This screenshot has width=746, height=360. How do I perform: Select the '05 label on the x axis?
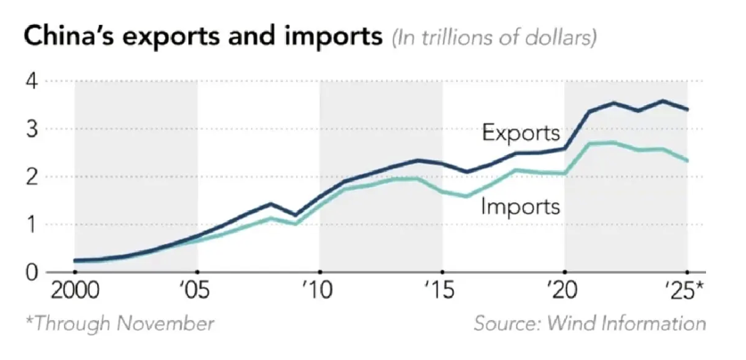pyautogui.click(x=196, y=292)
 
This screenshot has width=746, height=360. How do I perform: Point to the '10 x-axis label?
pyautogui.click(x=318, y=292)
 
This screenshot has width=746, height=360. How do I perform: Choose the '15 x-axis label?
pyautogui.click(x=441, y=292)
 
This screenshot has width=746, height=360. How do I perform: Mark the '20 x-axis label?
pyautogui.click(x=563, y=292)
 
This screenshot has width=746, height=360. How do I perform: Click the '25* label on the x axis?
pyautogui.click(x=687, y=292)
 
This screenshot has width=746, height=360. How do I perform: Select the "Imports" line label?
pyautogui.click(x=521, y=207)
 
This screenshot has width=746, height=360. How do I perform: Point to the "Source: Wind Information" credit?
pyautogui.click(x=589, y=323)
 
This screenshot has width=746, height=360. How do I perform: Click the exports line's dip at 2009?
pyautogui.click(x=295, y=216)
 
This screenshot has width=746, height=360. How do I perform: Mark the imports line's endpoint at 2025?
pyautogui.click(x=687, y=160)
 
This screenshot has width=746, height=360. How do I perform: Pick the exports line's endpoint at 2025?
pyautogui.click(x=687, y=110)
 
